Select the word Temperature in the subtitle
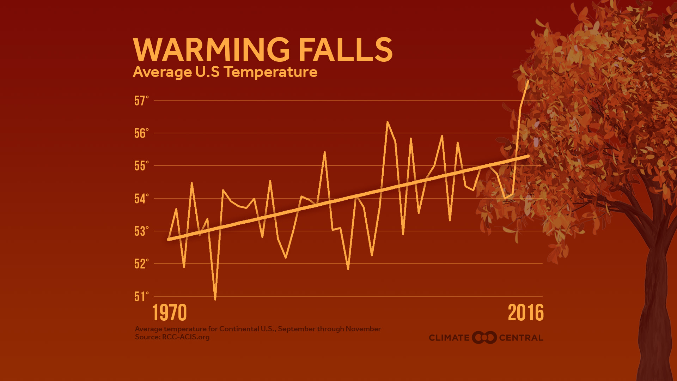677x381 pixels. [x=271, y=72]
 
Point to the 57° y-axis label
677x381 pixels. [x=141, y=101]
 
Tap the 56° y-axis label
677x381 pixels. [x=141, y=133]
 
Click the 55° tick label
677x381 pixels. [x=141, y=166]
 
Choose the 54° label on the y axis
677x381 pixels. [x=141, y=199]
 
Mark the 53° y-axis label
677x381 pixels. [x=141, y=231]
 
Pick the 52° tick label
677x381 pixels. [x=141, y=264]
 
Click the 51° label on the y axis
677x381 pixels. [x=141, y=297]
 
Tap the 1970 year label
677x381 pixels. [x=169, y=313]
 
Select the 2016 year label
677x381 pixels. [x=526, y=313]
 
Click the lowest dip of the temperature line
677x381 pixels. [x=215, y=299]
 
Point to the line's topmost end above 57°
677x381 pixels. [x=528, y=81]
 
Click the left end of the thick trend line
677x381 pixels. [x=169, y=239]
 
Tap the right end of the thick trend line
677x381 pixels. [x=528, y=156]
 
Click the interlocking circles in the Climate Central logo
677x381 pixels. [x=484, y=338]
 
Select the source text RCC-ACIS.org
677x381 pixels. [x=185, y=337]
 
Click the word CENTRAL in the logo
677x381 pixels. [x=521, y=338]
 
